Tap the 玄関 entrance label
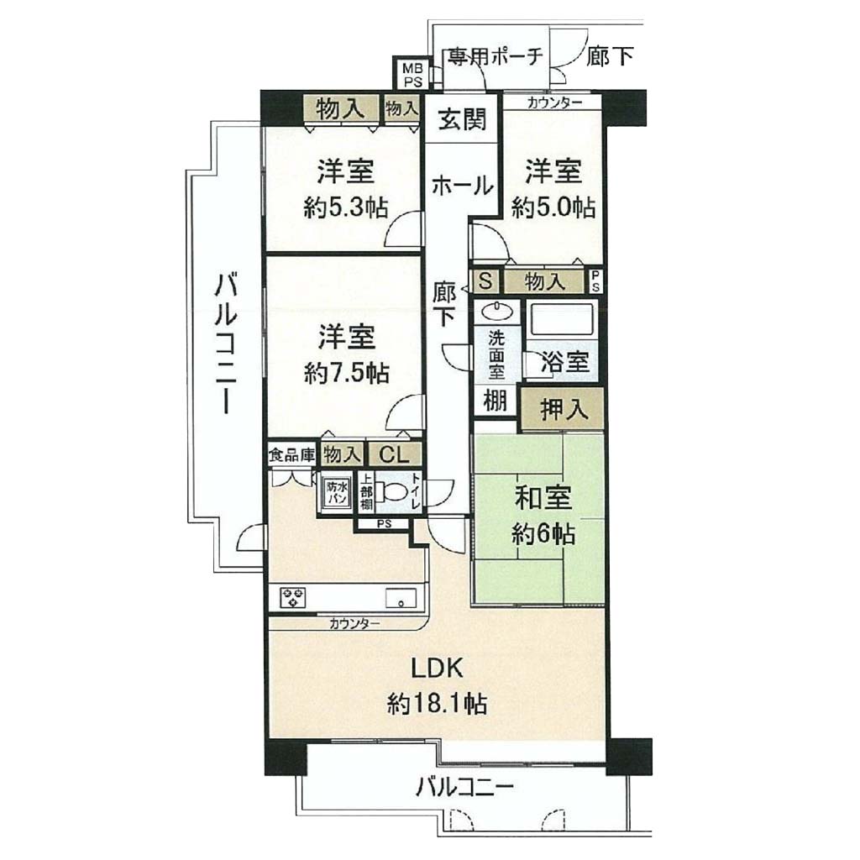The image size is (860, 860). click(462, 119)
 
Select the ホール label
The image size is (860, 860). click(463, 186)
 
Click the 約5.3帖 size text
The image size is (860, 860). click(345, 208)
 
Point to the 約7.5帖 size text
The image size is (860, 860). click(347, 374)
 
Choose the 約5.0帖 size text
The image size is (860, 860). click(553, 208)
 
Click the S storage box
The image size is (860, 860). click(485, 281)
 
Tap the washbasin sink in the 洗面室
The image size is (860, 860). click(498, 312)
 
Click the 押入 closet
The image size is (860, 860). click(562, 409)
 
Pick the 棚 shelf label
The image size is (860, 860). click(495, 401)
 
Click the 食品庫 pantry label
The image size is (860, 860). click(291, 454)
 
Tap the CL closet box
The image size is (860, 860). click(395, 454)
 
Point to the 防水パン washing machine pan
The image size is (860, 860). click(336, 492)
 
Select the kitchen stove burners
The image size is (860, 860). click(293, 597)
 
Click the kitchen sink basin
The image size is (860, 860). click(401, 597)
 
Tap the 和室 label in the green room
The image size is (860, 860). click(543, 498)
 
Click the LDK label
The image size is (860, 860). click(437, 669)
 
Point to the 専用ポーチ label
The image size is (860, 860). click(496, 55)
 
